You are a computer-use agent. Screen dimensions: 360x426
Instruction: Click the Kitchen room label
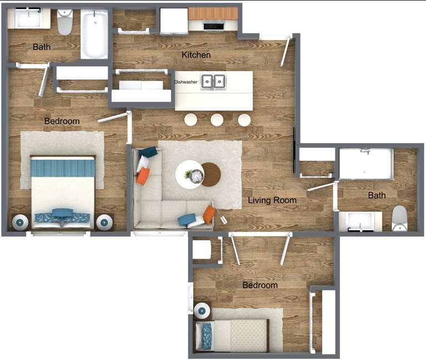(x=196, y=55)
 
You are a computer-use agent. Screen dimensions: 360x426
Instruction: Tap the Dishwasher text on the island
(x=186, y=82)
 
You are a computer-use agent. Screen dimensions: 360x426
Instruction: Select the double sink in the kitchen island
(x=213, y=82)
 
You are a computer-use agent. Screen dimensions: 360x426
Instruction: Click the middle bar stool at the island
(x=217, y=119)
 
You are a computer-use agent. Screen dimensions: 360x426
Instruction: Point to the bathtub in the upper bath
(x=95, y=34)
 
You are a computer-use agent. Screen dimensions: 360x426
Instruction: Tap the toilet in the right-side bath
(x=399, y=219)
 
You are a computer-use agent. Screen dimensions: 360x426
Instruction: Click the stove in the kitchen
(x=214, y=25)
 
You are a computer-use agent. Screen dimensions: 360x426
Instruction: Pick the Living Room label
(x=272, y=200)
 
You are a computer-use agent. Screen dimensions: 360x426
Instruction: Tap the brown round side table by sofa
(x=211, y=174)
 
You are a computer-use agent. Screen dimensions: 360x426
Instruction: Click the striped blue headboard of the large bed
(x=62, y=167)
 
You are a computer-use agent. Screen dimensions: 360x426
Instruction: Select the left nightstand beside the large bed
(x=21, y=222)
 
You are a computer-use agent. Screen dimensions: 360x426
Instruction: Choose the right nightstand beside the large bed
(x=104, y=222)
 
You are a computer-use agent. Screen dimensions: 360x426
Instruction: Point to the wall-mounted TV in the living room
(x=294, y=150)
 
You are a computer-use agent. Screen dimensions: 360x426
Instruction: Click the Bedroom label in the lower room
(x=259, y=286)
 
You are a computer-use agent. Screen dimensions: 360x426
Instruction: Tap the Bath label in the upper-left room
(x=42, y=47)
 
